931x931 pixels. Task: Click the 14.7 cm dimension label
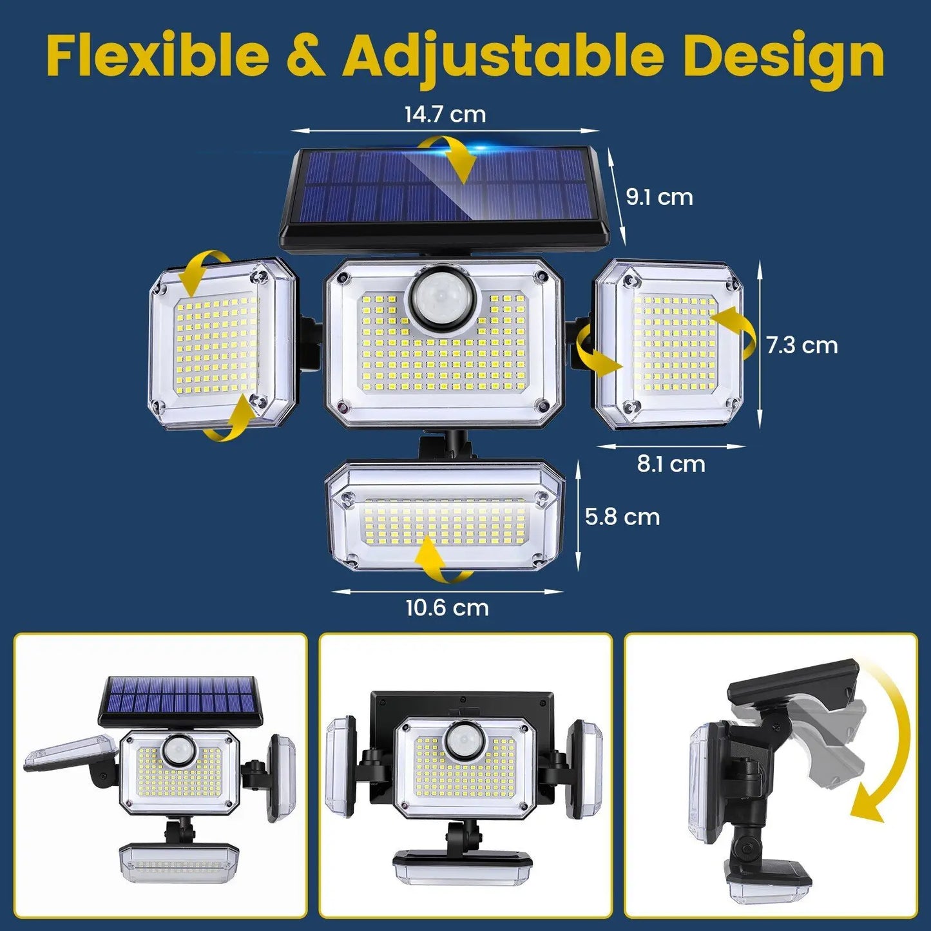point(445,115)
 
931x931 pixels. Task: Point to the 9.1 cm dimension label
point(659,197)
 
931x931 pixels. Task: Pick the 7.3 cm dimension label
point(801,345)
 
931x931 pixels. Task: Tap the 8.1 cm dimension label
point(671,464)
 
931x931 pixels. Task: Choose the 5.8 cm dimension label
point(622,517)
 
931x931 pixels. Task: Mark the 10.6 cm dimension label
point(446,608)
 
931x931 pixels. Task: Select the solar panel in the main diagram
point(445,193)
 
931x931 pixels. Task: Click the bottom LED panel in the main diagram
point(445,515)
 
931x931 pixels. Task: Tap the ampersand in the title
point(305,57)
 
